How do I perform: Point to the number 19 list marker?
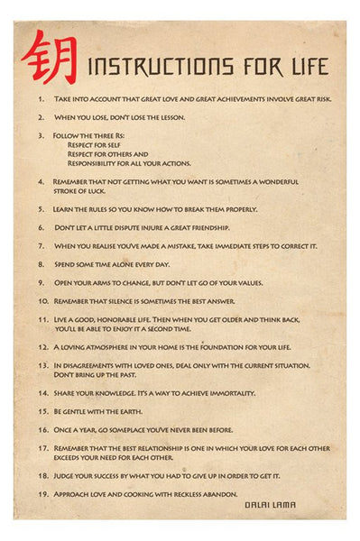[x=42, y=493]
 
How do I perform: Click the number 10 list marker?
[x=42, y=301]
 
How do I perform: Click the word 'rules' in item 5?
[x=101, y=208]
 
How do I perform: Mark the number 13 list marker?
[x=42, y=365]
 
